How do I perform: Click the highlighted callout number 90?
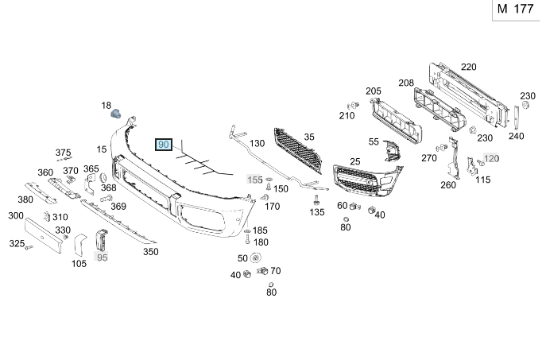coord(163,145)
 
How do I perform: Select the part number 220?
coord(468,67)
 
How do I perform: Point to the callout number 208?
coord(406,83)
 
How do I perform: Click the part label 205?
coord(373,91)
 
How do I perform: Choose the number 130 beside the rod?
coord(258,143)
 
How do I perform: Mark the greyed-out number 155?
coord(254,180)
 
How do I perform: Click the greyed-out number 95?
coord(102,257)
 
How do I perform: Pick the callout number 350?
coord(150,251)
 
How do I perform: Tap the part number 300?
coord(15,215)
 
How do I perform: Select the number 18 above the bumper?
coord(106,105)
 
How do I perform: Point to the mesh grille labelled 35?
coord(298,150)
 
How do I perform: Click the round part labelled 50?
coord(256,257)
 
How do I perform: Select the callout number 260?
coord(447,185)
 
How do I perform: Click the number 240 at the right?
coord(516,135)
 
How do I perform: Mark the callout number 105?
coord(79,263)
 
